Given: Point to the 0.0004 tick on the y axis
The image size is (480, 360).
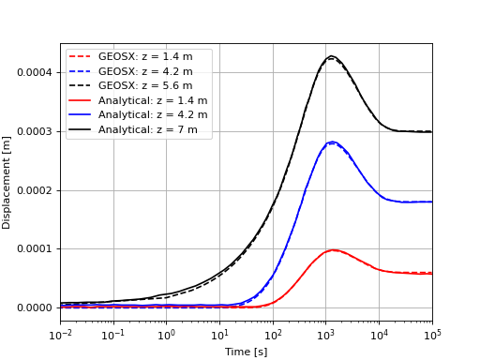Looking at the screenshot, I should click(x=34, y=73).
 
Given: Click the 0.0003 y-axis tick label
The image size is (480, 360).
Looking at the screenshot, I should click(x=34, y=132).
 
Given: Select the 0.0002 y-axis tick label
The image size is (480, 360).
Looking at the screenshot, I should click(x=34, y=190).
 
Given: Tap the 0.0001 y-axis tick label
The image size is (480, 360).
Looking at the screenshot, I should click(x=34, y=249).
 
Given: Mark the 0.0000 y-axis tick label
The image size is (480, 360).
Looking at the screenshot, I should click(x=34, y=308).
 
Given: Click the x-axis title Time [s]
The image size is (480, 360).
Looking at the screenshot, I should click(x=246, y=352).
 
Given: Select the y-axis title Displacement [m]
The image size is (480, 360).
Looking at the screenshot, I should click(x=7, y=182).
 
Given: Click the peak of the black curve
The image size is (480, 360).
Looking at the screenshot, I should click(x=331, y=56).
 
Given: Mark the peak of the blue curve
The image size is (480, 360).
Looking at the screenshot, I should click(x=333, y=142).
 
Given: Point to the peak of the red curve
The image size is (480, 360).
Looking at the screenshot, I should click(x=334, y=250).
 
